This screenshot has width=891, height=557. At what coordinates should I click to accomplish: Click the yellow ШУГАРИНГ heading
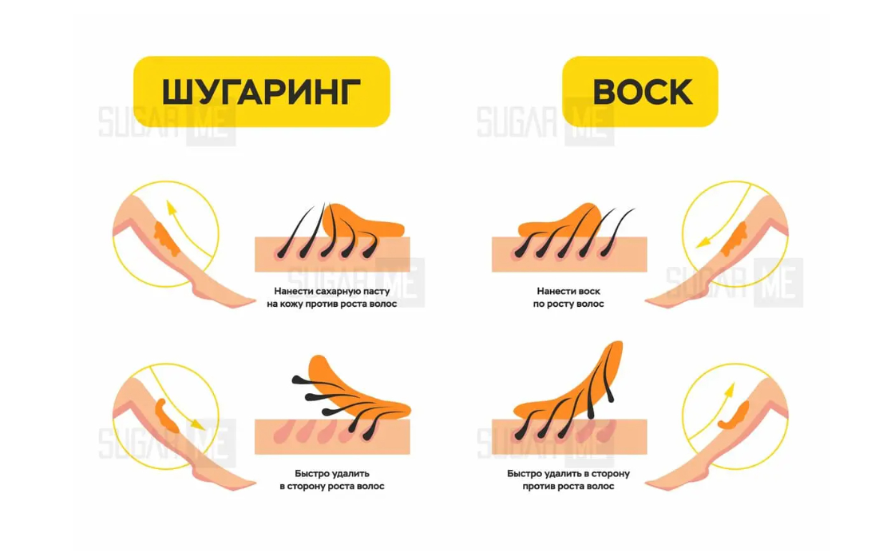tap(261, 91)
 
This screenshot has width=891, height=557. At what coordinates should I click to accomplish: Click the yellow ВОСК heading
tap(640, 91)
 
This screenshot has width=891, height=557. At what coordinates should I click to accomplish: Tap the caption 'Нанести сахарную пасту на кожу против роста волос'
tap(332, 297)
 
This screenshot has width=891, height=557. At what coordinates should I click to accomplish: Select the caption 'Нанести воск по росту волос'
tap(568, 297)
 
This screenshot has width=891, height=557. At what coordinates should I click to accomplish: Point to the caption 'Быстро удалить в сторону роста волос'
tap(332, 479)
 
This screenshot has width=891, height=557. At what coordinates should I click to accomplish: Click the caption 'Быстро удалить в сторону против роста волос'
tap(568, 479)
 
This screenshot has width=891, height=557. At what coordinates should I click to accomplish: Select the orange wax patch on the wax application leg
tap(735, 238)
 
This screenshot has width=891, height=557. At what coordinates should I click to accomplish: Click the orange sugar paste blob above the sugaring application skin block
tap(364, 222)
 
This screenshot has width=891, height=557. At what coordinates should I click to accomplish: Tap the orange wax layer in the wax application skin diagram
tap(560, 223)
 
